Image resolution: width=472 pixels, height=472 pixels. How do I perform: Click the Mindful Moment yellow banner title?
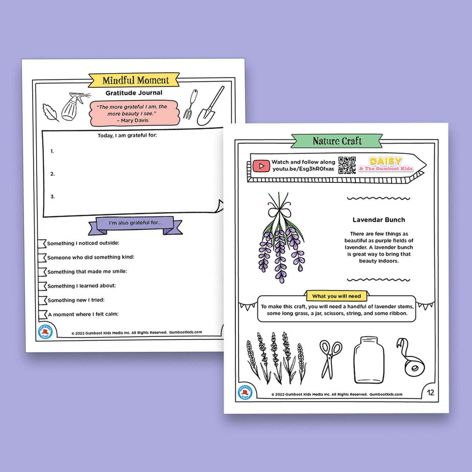(x=135, y=80)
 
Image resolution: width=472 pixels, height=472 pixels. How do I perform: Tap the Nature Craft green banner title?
(x=337, y=141)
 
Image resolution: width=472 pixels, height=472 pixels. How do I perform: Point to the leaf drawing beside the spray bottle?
(x=50, y=112)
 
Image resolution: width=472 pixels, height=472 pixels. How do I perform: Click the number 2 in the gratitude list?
(x=52, y=174)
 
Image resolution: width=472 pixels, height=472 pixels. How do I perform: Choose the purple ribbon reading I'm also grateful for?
(x=135, y=223)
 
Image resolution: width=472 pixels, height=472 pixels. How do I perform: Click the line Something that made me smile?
(x=87, y=271)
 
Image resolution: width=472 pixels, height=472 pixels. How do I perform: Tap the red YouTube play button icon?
(x=261, y=166)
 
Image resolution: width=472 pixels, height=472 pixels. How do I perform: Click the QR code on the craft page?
(x=347, y=165)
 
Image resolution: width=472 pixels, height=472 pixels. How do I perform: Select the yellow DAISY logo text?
(x=385, y=161)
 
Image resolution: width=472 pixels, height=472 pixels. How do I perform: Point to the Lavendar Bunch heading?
(x=378, y=220)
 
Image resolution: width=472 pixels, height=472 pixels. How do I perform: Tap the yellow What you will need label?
(x=336, y=296)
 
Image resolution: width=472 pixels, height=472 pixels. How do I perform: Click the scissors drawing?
(x=330, y=359)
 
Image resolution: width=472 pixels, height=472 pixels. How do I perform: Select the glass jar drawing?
(x=369, y=360)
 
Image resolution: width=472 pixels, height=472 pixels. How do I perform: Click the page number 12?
(x=430, y=393)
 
